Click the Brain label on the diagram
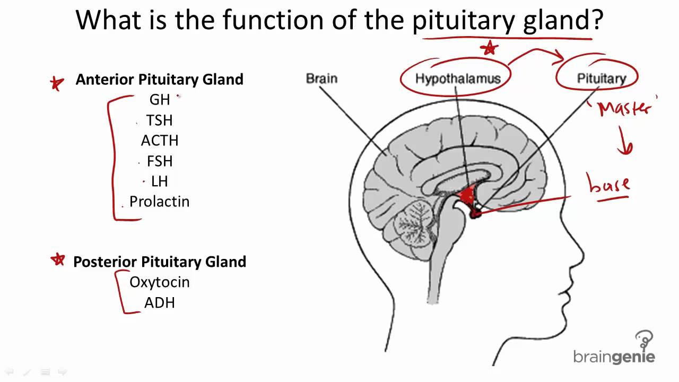[321, 79]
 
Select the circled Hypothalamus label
[457, 79]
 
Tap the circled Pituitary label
[601, 79]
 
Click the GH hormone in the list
[160, 100]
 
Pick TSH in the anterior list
[160, 120]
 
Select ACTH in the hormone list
[160, 141]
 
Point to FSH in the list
[160, 161]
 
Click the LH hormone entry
[160, 181]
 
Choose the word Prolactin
[159, 202]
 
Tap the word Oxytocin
[159, 282]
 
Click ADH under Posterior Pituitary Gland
[160, 303]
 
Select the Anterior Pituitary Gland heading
[159, 80]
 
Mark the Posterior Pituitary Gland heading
[159, 262]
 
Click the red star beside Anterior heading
[56, 83]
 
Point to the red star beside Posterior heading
[57, 259]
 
